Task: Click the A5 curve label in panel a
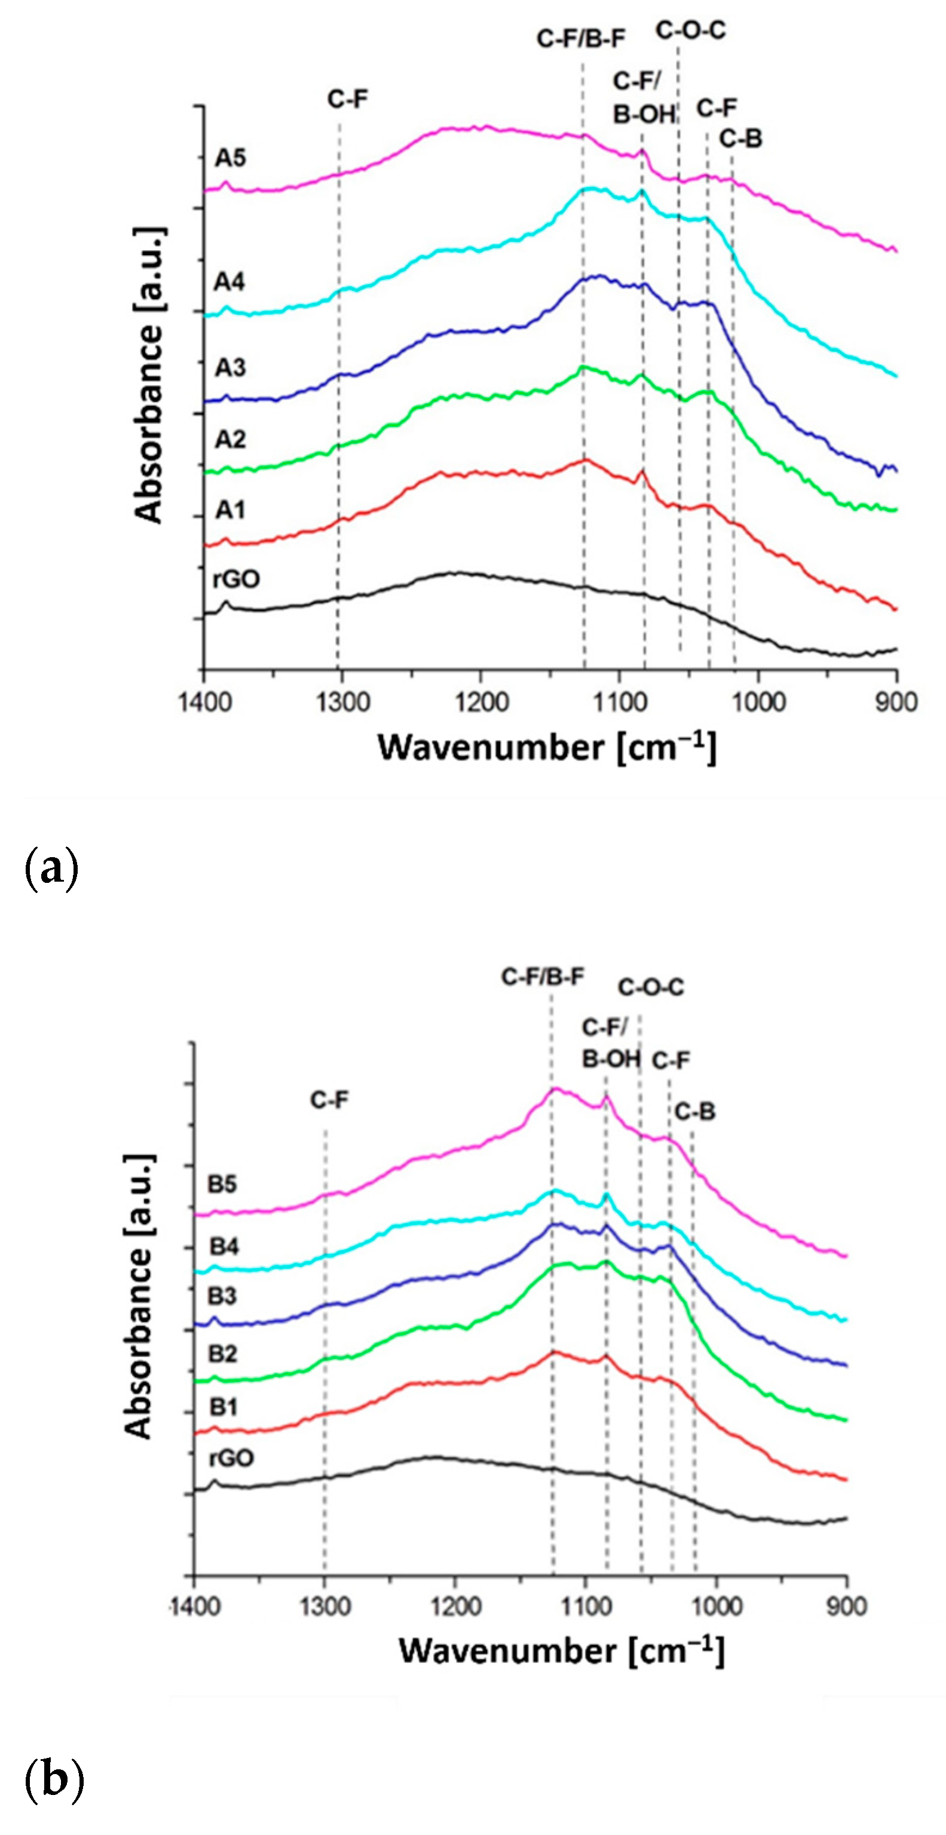click(230, 158)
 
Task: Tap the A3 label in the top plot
click(230, 367)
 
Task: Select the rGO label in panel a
click(236, 578)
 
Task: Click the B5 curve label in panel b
click(222, 1184)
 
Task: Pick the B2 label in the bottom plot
click(222, 1354)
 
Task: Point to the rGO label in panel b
click(231, 1458)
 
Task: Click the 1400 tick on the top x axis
click(204, 702)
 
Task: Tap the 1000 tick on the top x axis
click(758, 702)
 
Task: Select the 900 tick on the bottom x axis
click(847, 1606)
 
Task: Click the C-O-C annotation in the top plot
click(690, 30)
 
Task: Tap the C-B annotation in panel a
click(740, 139)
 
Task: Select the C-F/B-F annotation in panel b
click(543, 977)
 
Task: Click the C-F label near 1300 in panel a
click(348, 99)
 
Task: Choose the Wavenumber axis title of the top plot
click(547, 748)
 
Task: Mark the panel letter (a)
click(51, 869)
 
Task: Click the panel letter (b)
click(53, 1779)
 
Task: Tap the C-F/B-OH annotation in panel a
click(643, 97)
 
